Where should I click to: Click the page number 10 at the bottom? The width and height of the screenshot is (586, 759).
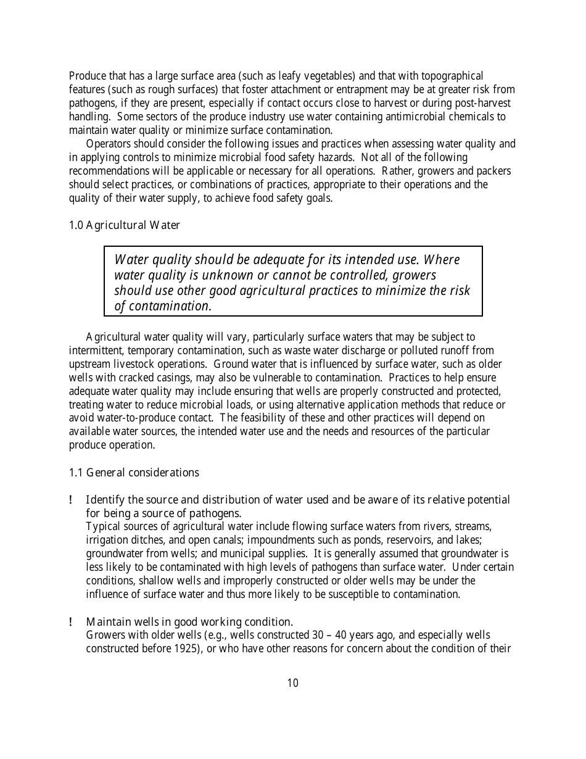coord(292,683)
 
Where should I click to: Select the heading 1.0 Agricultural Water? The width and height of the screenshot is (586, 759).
coord(124,225)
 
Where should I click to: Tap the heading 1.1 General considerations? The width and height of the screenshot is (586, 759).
coord(134,473)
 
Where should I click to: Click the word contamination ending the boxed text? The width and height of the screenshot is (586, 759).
coord(163,306)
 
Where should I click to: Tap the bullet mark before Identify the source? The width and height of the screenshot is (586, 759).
coord(72,500)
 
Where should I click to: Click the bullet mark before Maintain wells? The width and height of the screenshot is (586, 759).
coord(72,621)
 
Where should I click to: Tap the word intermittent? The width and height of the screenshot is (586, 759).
coord(96,350)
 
